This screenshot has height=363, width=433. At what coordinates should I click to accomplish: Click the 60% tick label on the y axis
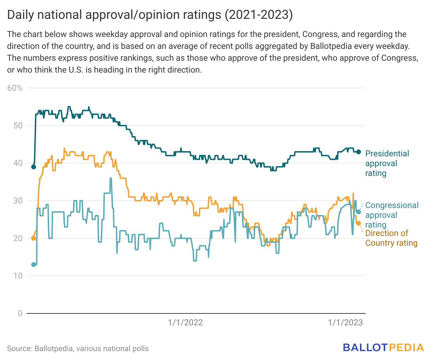click(15, 88)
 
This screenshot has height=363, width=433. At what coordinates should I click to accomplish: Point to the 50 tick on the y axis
click(18, 126)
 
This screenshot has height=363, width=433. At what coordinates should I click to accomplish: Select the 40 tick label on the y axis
click(18, 163)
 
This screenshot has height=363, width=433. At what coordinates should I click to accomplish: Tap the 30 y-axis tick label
click(18, 201)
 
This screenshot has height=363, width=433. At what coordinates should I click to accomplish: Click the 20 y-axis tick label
click(18, 238)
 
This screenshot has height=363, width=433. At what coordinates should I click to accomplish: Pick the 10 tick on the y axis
click(18, 276)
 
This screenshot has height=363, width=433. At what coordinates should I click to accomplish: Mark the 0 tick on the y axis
click(20, 313)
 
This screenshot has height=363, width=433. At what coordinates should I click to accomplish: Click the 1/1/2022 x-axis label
click(185, 323)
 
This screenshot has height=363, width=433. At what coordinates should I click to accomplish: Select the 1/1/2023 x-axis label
click(345, 323)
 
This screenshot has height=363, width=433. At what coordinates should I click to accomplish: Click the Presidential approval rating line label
click(387, 163)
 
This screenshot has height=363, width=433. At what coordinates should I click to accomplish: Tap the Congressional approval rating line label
click(391, 215)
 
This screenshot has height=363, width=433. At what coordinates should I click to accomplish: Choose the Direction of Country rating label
click(391, 238)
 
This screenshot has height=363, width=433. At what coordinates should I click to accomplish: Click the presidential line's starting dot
click(34, 167)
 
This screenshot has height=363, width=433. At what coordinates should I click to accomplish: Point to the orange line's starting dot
click(34, 238)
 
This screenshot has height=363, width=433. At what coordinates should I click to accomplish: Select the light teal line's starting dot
click(34, 265)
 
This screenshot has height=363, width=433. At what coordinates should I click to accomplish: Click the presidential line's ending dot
click(358, 152)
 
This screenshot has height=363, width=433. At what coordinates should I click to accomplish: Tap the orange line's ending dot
click(358, 223)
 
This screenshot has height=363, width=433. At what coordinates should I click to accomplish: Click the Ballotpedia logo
click(383, 348)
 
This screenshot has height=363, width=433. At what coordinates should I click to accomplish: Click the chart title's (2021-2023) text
click(258, 15)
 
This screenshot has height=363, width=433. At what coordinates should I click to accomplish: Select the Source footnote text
click(78, 349)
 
